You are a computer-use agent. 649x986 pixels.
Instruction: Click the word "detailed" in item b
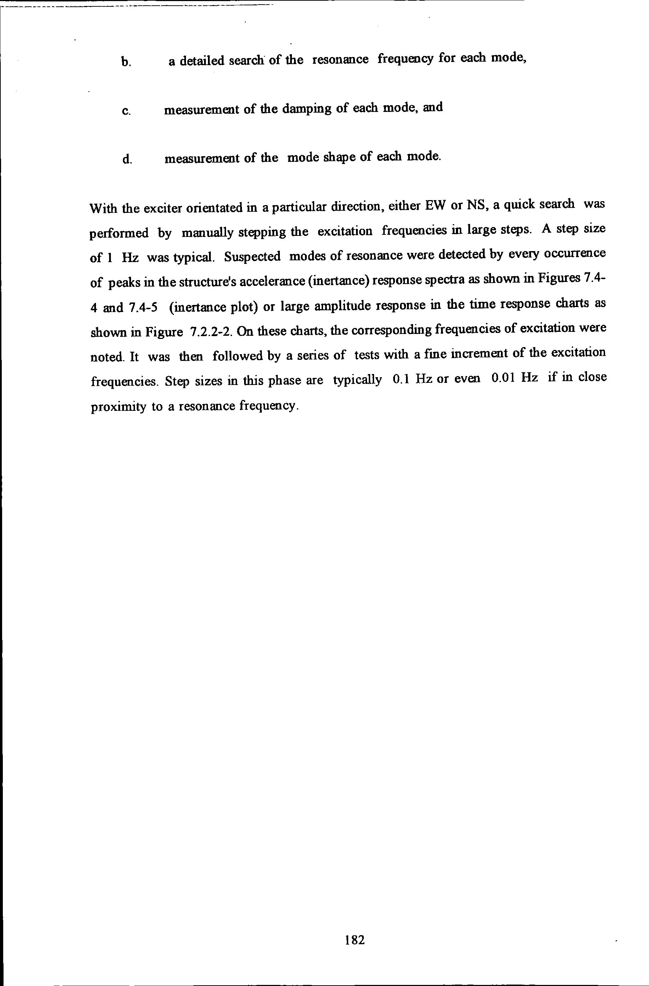(202, 61)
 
